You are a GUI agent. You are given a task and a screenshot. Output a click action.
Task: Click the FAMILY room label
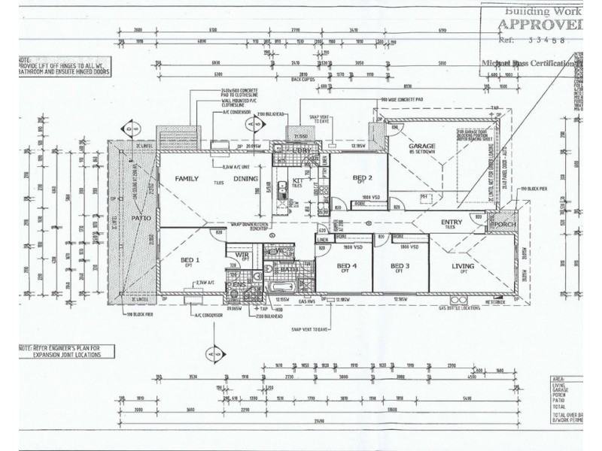[x=187, y=179]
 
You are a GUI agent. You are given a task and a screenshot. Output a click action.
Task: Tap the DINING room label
[x=245, y=179]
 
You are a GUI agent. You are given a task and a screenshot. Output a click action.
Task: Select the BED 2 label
[x=363, y=177]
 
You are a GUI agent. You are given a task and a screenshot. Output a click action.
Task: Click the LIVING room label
[x=462, y=267]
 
